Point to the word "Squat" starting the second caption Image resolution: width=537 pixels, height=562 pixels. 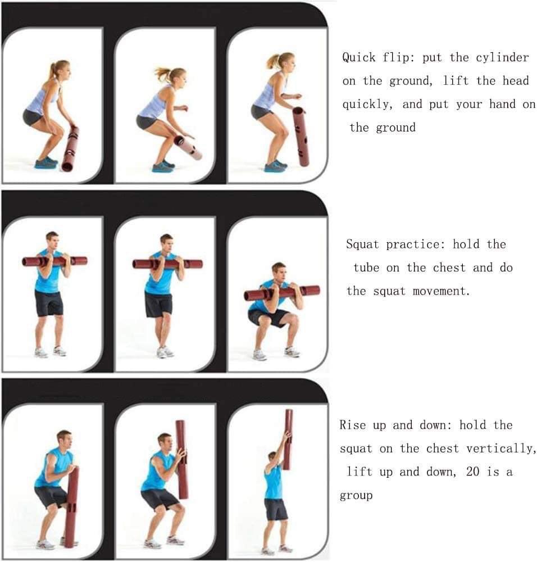pyautogui.click(x=362, y=244)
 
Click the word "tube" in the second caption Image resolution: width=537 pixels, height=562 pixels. pyautogui.click(x=366, y=268)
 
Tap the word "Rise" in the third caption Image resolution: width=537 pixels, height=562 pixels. pyautogui.click(x=353, y=425)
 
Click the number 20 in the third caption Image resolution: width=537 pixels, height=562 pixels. pyautogui.click(x=472, y=472)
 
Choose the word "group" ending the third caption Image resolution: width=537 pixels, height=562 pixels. pyautogui.click(x=356, y=496)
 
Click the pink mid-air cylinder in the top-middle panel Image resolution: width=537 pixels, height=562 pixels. pyautogui.click(x=188, y=147)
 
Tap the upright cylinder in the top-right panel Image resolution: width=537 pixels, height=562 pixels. pyautogui.click(x=301, y=137)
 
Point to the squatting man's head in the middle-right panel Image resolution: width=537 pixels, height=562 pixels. pyautogui.click(x=279, y=272)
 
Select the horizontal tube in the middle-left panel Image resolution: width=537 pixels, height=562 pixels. pyautogui.click(x=55, y=261)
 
